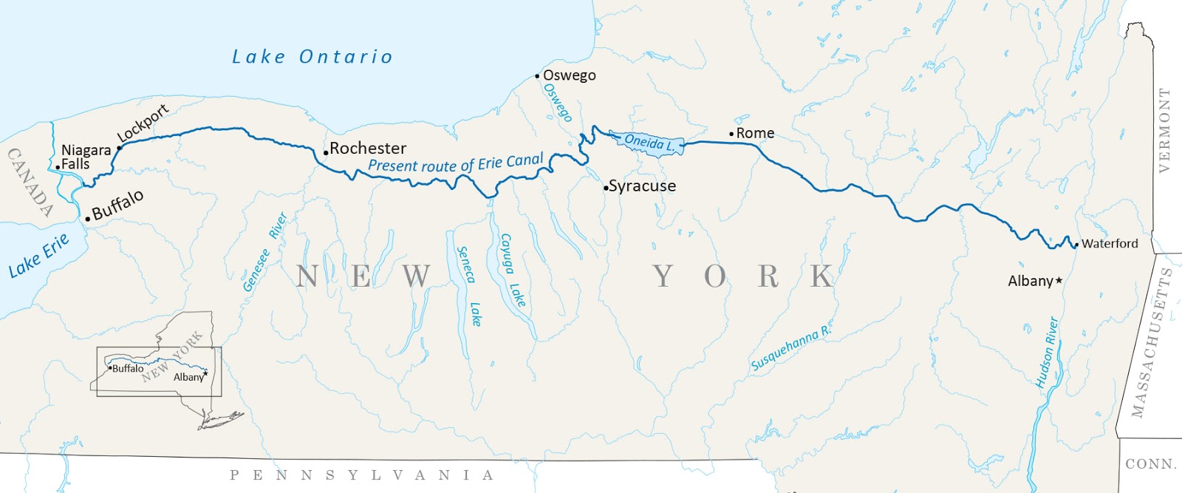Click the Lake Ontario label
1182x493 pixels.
[x=312, y=57]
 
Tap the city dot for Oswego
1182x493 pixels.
[x=538, y=76]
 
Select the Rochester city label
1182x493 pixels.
[x=368, y=149]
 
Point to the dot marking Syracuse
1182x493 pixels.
[x=606, y=188]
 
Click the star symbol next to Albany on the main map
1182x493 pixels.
[x=1059, y=281]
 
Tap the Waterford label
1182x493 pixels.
[x=1110, y=243]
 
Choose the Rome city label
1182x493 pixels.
[x=755, y=133]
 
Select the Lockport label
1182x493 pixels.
[x=143, y=123]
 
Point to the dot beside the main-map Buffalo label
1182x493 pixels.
[x=88, y=219]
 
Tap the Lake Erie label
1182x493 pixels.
[x=38, y=256]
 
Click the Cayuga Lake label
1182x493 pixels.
[x=512, y=271]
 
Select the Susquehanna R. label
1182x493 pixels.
[x=791, y=349]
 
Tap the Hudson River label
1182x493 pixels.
[x=1047, y=353]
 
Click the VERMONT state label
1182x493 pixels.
[x=1165, y=131]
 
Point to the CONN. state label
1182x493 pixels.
[x=1150, y=464]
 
